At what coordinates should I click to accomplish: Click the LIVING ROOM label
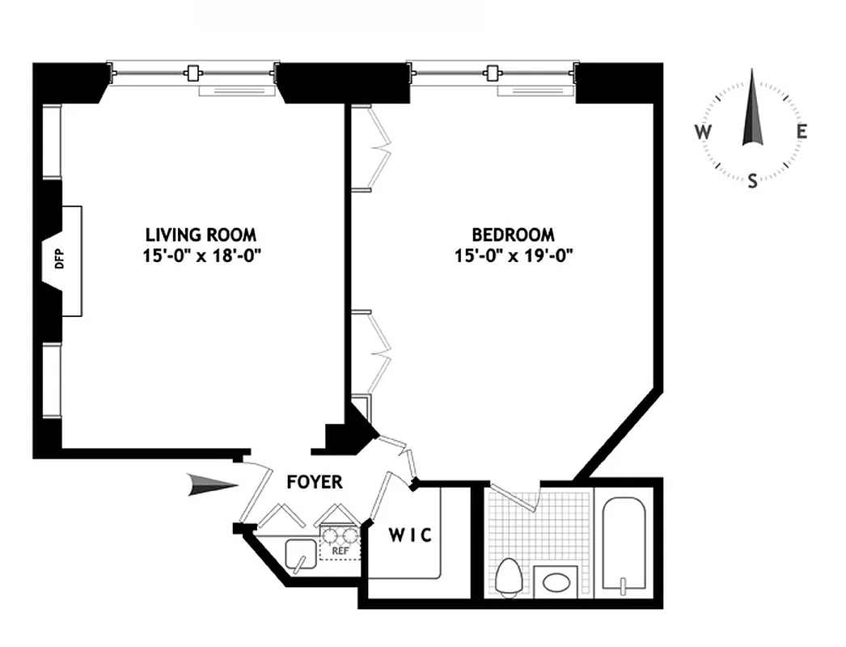pyautogui.click(x=201, y=235)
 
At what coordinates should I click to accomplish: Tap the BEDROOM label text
pyautogui.click(x=513, y=235)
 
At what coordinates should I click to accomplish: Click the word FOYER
pyautogui.click(x=315, y=482)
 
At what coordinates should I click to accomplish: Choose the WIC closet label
pyautogui.click(x=410, y=535)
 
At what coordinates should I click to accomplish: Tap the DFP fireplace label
pyautogui.click(x=57, y=260)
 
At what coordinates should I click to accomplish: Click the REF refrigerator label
pyautogui.click(x=340, y=552)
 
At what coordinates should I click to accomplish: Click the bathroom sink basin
pyautogui.click(x=556, y=581)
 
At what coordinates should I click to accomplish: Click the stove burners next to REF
pyautogui.click(x=340, y=535)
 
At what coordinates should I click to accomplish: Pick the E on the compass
pyautogui.click(x=801, y=132)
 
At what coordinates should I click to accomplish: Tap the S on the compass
pyautogui.click(x=752, y=180)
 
